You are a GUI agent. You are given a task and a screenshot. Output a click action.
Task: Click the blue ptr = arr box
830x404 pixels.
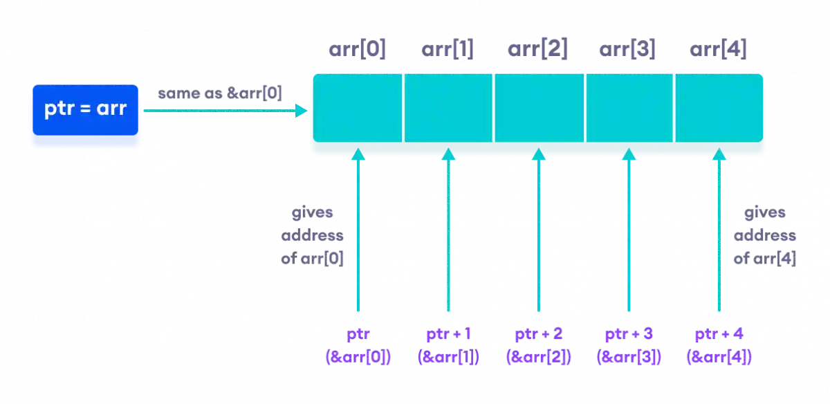[x=85, y=109]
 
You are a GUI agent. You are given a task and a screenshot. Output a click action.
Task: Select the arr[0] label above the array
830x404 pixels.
[x=357, y=50]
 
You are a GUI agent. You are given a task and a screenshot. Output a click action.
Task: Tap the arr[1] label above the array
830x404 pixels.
[x=448, y=50]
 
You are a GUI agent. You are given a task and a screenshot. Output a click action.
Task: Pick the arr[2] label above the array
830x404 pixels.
[x=538, y=50]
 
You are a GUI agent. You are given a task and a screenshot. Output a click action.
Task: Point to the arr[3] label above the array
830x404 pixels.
[x=628, y=50]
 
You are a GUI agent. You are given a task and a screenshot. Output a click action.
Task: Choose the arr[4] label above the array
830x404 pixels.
[x=718, y=50]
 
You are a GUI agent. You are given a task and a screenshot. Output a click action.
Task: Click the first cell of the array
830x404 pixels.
[x=357, y=108]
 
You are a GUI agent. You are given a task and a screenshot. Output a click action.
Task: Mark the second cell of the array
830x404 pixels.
[x=448, y=108]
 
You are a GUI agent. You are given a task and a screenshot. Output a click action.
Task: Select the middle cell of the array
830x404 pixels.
[x=539, y=108]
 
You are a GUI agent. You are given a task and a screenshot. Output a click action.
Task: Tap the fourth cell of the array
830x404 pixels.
[x=629, y=108]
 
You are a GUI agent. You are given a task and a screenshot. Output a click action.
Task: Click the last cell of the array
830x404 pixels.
[x=719, y=108]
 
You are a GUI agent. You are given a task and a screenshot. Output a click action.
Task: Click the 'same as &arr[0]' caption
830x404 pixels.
[x=219, y=93]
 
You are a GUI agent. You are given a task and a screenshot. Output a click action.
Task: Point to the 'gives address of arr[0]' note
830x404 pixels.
[x=313, y=237]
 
